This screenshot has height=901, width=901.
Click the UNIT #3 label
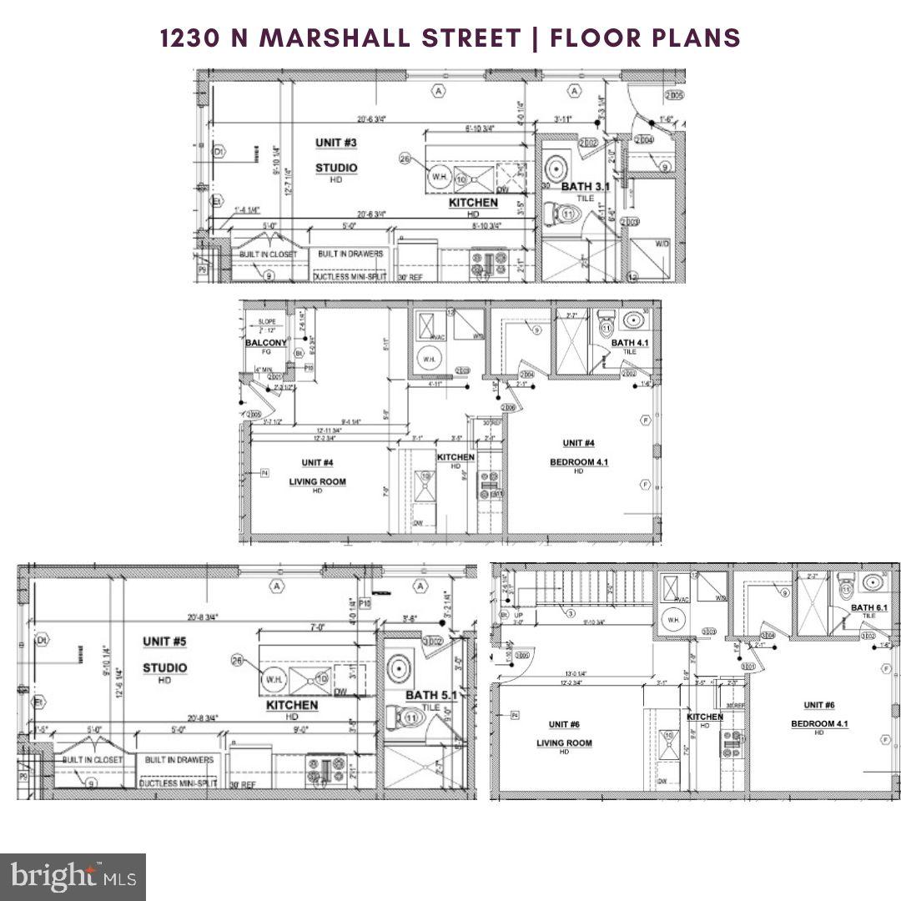(335, 143)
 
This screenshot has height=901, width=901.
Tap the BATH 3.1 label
(585, 187)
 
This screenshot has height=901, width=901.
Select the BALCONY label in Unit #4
(265, 343)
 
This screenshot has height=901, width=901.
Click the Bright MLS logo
(73, 877)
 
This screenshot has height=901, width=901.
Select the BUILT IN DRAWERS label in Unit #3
(348, 254)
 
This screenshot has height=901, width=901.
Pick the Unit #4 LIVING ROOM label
(317, 481)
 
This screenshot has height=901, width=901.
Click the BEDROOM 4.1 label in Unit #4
(577, 461)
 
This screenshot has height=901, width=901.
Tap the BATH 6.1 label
(868, 607)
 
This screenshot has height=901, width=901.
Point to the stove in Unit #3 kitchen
(488, 264)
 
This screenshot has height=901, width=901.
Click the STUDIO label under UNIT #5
(164, 667)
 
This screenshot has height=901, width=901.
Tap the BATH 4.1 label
(629, 342)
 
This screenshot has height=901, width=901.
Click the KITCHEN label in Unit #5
(292, 705)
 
